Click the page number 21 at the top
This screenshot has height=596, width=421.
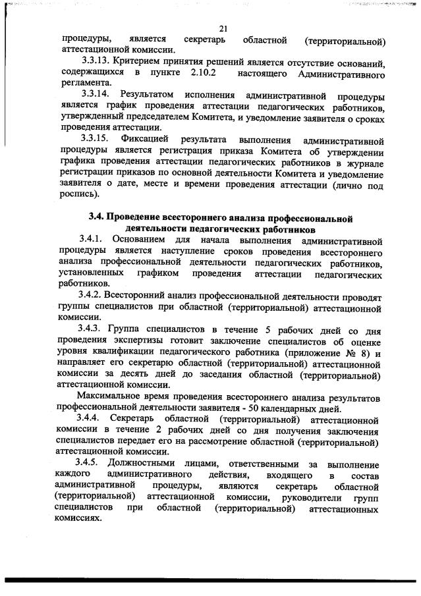click(x=223, y=28)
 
